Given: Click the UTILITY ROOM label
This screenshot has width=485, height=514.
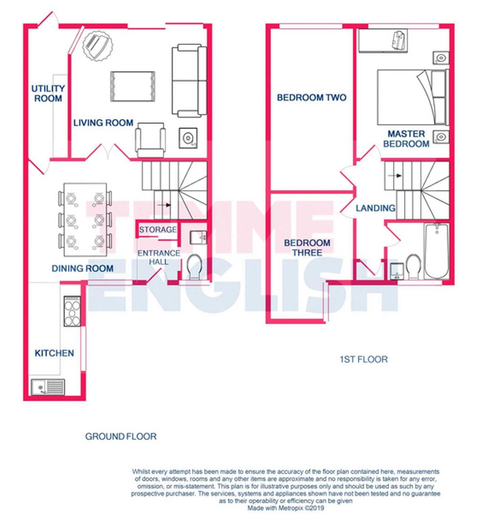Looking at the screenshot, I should click(48, 94).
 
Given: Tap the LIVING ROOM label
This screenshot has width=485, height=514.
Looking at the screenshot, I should click(103, 123).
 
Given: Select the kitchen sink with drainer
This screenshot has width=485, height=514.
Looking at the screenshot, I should click(48, 387).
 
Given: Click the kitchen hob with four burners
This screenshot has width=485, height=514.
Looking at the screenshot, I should click(72, 311).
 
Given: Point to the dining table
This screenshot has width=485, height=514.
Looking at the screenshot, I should click(85, 220).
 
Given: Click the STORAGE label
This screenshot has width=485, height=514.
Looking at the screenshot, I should click(158, 230).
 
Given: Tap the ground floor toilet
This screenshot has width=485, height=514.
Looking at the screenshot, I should click(194, 266).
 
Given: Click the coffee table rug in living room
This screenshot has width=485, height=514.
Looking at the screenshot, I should click(133, 86).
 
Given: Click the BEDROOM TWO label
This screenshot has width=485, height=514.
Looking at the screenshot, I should click(311, 98).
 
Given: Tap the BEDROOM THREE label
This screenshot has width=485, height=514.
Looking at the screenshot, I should click(307, 248).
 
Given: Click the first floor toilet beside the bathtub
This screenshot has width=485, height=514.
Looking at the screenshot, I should click(413, 266).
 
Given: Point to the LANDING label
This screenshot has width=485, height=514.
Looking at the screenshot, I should click(376, 208).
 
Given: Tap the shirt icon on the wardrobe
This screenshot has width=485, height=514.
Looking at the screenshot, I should click(398, 40).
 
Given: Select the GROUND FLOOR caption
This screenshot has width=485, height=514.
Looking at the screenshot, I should click(121, 437).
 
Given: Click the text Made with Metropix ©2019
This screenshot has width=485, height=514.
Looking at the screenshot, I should click(286, 508).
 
